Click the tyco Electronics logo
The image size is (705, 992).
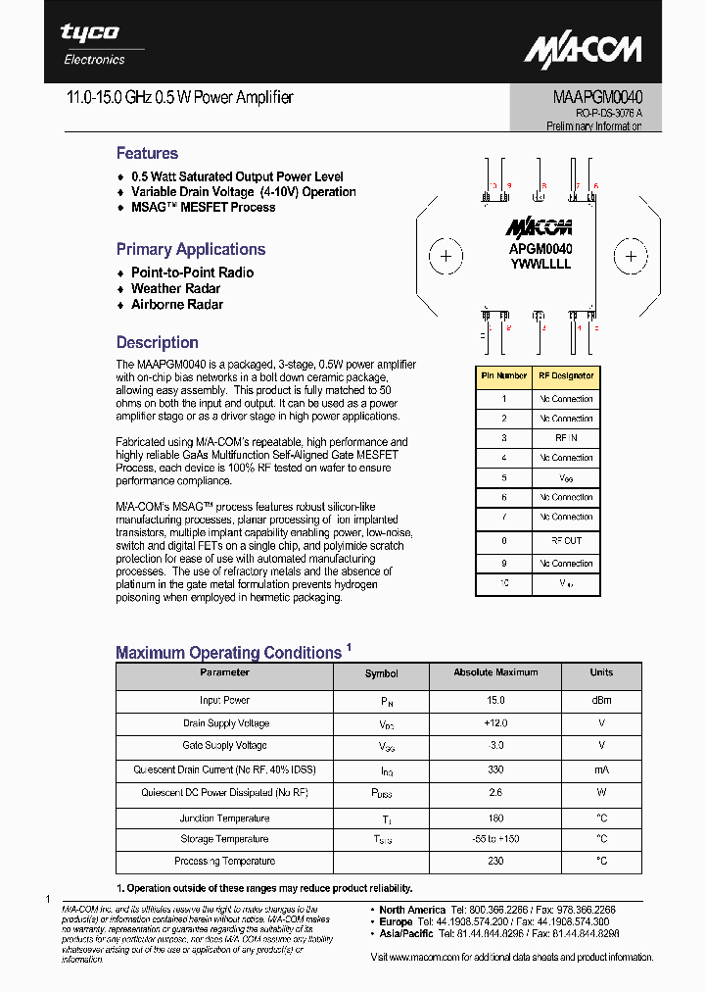[93, 43]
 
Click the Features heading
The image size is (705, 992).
[147, 153]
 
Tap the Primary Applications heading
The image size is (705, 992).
[191, 249]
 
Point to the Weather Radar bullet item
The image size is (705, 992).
[175, 288]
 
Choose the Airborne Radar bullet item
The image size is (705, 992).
[177, 304]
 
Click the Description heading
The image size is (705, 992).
[157, 342]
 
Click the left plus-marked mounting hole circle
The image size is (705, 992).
[446, 257]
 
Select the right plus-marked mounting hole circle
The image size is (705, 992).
[631, 257]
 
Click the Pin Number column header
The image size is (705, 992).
[503, 375]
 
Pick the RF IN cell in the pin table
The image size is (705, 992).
[565, 438]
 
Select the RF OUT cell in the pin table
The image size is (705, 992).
[565, 540]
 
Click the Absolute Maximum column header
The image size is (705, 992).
[495, 672]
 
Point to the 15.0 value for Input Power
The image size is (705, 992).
[495, 700]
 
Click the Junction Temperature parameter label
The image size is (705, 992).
[224, 818]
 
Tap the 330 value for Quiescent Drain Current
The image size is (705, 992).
[495, 769]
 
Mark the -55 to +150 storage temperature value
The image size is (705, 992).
[495, 839]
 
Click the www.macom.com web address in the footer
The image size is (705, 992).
[425, 957]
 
